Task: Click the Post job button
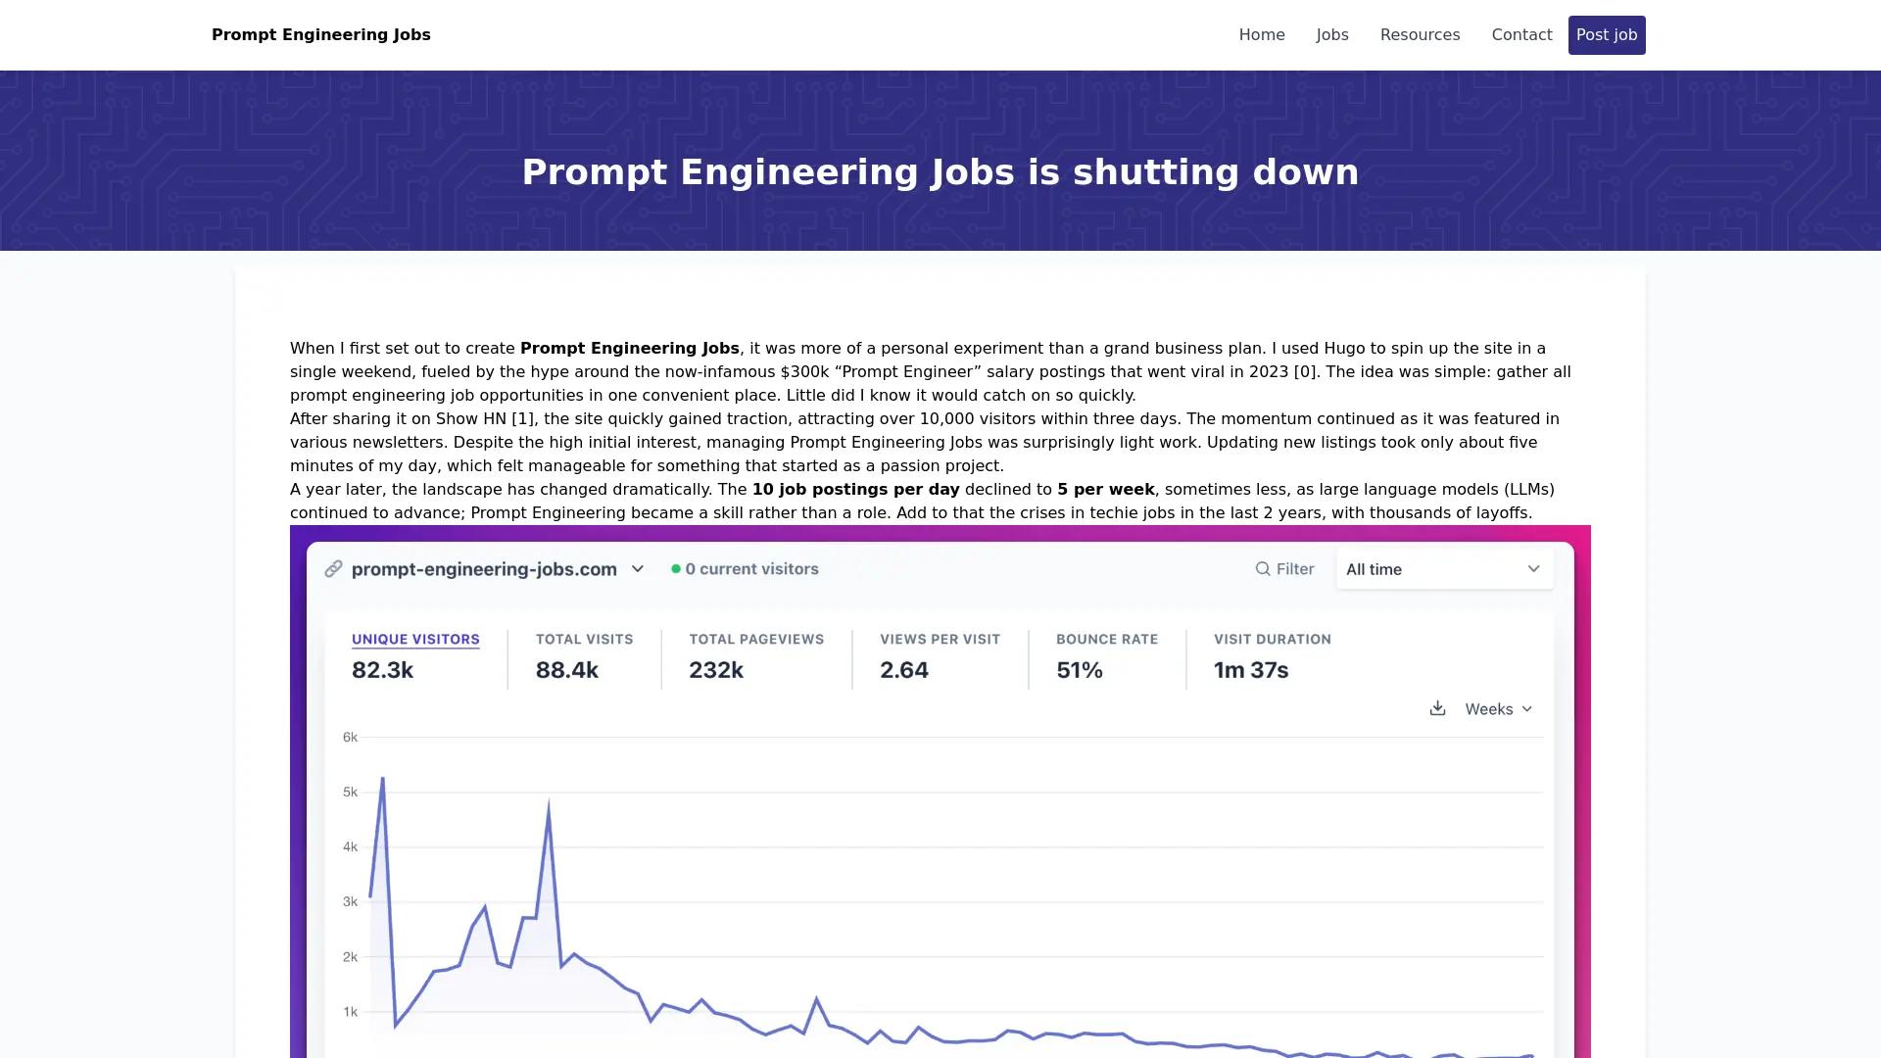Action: (1607, 35)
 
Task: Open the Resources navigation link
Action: (1420, 35)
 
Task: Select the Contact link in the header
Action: (1521, 35)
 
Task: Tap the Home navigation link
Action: (1262, 35)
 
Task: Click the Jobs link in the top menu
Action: (1332, 35)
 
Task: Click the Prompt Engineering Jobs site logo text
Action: (320, 35)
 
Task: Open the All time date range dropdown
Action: (1444, 569)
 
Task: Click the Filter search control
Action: (1284, 569)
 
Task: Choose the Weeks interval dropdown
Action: (1498, 709)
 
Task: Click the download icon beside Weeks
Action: (1437, 708)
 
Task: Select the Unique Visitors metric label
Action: (415, 640)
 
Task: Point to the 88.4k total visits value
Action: (566, 670)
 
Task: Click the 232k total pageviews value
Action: (716, 670)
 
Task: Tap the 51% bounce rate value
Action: (1080, 670)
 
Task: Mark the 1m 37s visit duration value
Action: (1251, 670)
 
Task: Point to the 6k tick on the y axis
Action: (350, 738)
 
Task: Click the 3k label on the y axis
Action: (350, 902)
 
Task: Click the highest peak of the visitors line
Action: (382, 779)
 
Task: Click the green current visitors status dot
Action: (676, 569)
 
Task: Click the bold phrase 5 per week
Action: (1105, 490)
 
